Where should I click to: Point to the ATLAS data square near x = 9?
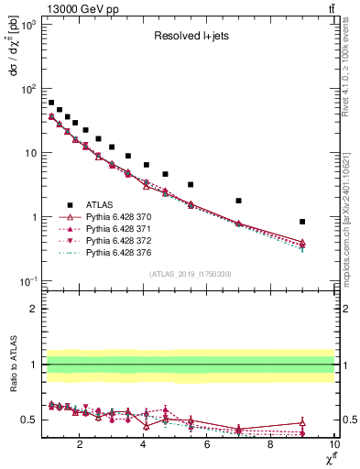pos(302,222)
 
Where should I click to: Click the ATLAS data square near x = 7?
pos(238,201)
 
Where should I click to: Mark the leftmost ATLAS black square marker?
pos(51,103)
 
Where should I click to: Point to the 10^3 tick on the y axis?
pos(30,25)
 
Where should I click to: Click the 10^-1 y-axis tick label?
pos(28,281)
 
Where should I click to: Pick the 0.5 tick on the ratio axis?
pos(30,420)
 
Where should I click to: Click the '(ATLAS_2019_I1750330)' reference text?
pos(190,273)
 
